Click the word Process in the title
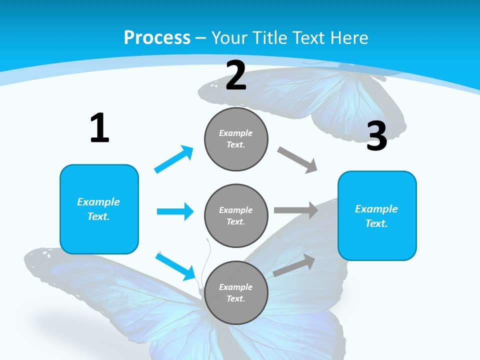[157, 37]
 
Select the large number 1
[99, 128]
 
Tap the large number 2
[236, 75]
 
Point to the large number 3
[376, 136]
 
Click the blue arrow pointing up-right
[174, 159]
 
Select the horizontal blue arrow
[175, 211]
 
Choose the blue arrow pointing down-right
[175, 266]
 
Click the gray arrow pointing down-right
[297, 160]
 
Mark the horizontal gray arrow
[296, 210]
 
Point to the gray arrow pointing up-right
[294, 265]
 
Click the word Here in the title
[350, 37]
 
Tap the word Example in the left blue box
[98, 202]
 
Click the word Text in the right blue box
[375, 223]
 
